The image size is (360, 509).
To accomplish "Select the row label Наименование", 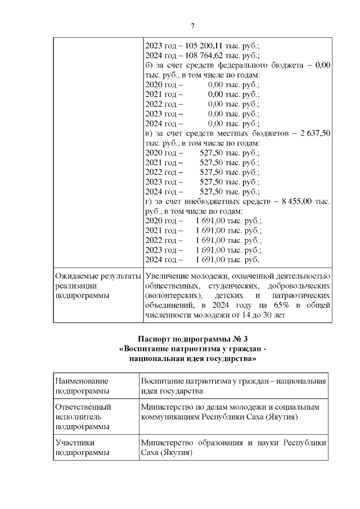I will pyautogui.click(x=82, y=382).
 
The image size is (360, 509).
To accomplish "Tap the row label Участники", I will pyautogui.click(x=75, y=443).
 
